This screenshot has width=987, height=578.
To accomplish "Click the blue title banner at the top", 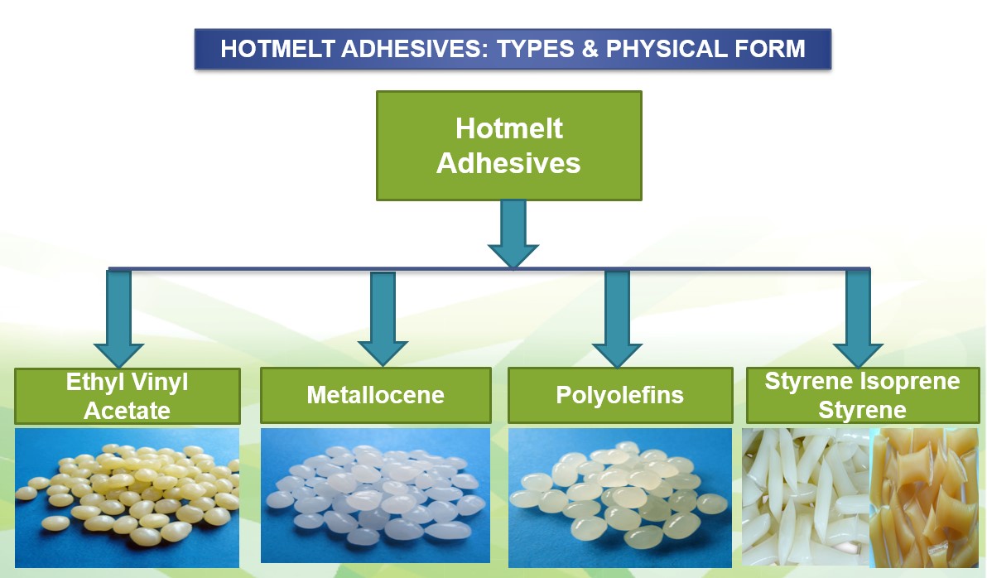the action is tap(513, 49).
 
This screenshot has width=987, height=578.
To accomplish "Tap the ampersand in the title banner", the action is tap(590, 49).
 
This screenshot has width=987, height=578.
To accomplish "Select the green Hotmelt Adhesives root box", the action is tap(508, 146).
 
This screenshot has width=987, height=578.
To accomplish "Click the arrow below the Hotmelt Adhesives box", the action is tap(513, 234).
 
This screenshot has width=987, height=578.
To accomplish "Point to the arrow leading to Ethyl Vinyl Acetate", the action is tap(118, 319).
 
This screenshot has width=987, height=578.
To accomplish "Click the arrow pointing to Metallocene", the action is tap(383, 319).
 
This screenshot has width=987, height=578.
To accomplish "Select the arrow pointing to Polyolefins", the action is tap(617, 319).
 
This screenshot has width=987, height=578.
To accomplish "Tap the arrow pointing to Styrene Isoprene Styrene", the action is tap(858, 319).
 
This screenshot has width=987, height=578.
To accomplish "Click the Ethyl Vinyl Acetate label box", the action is tap(128, 396).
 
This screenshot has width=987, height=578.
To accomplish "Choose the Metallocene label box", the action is tap(376, 395).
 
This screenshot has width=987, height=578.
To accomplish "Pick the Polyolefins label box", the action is tap(620, 395).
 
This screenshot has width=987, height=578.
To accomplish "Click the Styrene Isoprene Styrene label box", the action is tap(862, 395).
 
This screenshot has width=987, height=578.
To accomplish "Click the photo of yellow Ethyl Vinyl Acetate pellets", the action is tap(128, 498).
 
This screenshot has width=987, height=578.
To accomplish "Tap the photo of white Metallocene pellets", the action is tap(375, 495).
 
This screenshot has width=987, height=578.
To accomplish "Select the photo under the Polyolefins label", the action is tap(620, 498).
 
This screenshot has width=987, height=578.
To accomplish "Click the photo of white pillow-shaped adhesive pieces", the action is tap(806, 498).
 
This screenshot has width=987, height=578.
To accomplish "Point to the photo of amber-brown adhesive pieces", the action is tap(924, 498).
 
